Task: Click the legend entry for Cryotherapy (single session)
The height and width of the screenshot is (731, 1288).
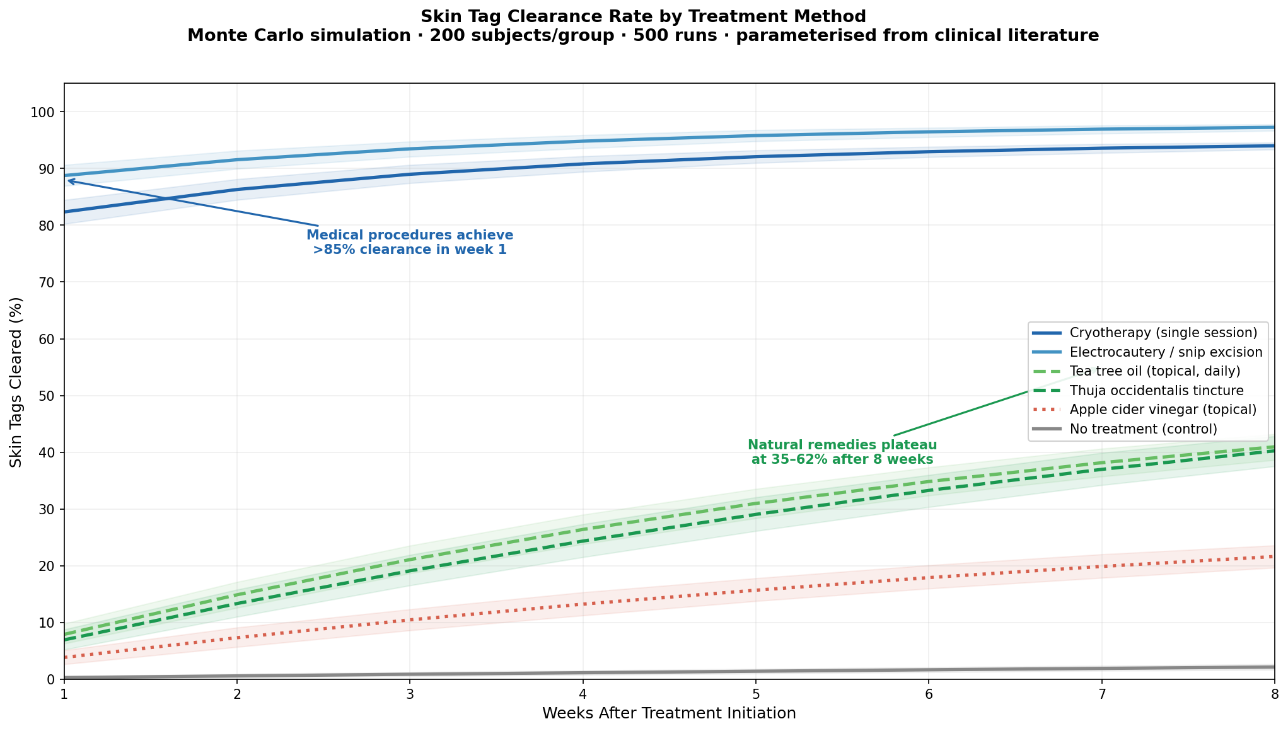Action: tap(1163, 332)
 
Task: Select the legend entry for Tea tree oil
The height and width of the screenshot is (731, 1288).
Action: tap(1155, 371)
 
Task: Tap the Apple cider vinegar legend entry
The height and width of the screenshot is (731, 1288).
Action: tap(1163, 410)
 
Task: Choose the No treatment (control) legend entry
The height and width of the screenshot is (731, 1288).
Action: tap(1143, 429)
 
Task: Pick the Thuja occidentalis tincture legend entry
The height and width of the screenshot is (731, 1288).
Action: tap(1156, 390)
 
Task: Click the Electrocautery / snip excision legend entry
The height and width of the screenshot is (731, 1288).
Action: tap(1166, 352)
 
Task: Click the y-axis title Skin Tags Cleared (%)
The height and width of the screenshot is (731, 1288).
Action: tap(16, 382)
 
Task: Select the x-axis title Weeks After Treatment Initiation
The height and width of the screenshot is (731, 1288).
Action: tap(669, 713)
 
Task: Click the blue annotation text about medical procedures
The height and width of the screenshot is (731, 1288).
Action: tap(410, 243)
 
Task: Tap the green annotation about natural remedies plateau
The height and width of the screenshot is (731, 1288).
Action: tap(842, 452)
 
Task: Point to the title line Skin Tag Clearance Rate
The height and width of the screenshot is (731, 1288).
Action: tap(643, 16)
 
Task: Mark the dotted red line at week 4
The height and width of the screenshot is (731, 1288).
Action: tap(583, 604)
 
